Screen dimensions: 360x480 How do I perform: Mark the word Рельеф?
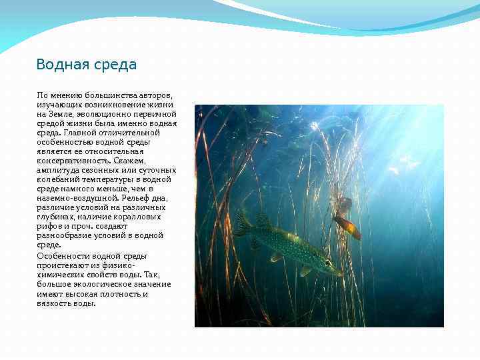click(x=133, y=198)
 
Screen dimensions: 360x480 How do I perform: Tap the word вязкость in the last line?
click(x=53, y=303)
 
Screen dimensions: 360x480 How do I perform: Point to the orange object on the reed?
click(x=347, y=227)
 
